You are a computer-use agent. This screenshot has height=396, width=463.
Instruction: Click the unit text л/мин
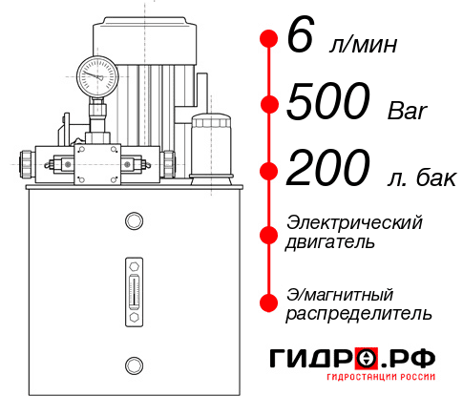[x=364, y=45]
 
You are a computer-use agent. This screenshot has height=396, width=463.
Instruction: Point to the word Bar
[x=408, y=110]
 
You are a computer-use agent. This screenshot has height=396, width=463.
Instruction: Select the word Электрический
[x=354, y=221]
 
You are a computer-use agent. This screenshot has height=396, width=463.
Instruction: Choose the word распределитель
[x=359, y=313]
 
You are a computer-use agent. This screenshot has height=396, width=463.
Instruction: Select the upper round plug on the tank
[x=133, y=221]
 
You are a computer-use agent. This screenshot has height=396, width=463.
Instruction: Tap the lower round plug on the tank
[x=133, y=363]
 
